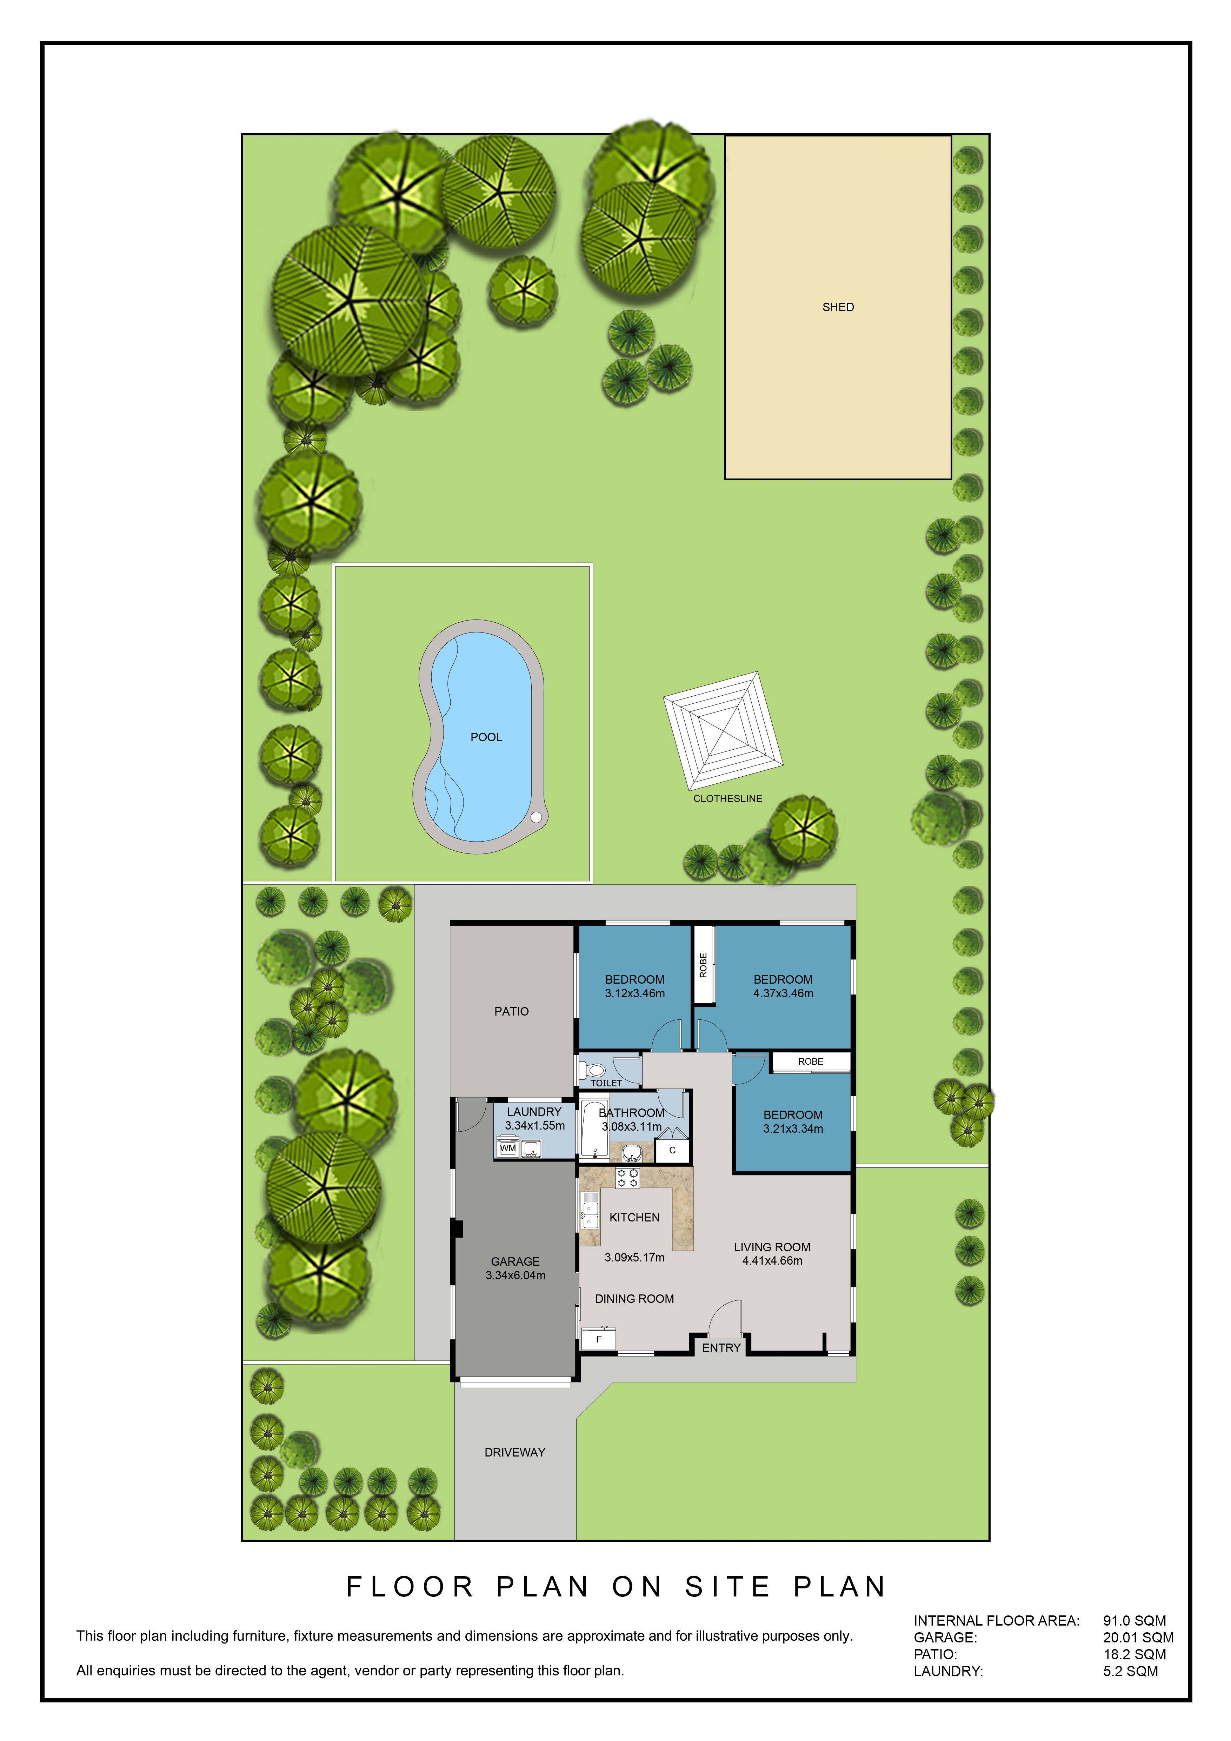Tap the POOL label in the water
(x=486, y=737)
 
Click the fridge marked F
(x=598, y=1339)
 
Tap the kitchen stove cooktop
(x=627, y=1178)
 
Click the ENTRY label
(x=721, y=1347)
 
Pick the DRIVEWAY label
(x=515, y=1452)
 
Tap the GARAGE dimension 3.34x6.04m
(x=516, y=1275)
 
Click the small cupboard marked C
(x=672, y=1150)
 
